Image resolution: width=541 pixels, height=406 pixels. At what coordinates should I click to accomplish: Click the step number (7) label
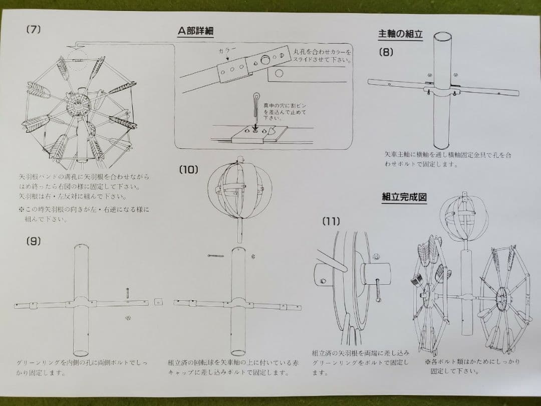(x=33, y=30)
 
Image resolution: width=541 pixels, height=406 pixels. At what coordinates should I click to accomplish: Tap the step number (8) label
(x=386, y=51)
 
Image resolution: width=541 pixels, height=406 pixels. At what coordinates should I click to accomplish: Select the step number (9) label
(x=33, y=241)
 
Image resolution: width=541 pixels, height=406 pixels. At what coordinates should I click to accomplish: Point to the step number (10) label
(x=188, y=170)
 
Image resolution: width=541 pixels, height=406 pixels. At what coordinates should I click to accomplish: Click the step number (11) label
(x=331, y=221)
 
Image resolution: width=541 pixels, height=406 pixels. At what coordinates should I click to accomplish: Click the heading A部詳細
(x=196, y=31)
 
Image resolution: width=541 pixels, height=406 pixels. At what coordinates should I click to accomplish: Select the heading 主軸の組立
(x=400, y=35)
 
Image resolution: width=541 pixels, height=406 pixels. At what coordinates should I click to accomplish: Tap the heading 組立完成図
(x=404, y=197)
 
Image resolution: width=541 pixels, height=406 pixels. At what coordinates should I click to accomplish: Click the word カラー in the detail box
(x=227, y=51)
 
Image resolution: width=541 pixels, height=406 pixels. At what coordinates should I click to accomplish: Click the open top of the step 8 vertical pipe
(x=442, y=38)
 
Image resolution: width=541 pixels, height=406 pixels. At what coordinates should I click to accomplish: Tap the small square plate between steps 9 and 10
(x=159, y=302)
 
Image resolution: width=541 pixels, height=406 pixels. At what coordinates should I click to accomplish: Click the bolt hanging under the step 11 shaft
(x=378, y=290)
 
